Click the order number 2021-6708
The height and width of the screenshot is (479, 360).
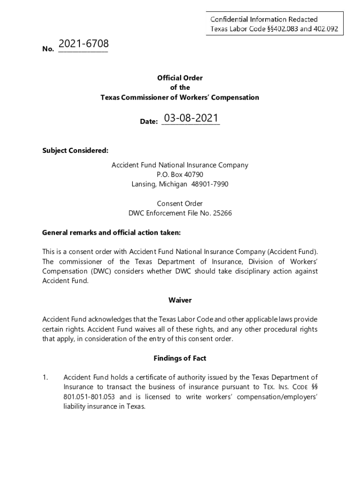[83, 44]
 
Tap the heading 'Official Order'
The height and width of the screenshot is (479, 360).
[180, 78]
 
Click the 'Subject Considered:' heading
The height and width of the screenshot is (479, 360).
[75, 151]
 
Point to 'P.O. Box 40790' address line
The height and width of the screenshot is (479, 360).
[180, 174]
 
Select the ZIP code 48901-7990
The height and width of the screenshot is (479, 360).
[210, 184]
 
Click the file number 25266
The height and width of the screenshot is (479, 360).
[222, 213]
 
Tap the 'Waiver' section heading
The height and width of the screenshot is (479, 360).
[180, 300]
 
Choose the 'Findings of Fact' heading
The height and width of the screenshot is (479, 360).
[180, 358]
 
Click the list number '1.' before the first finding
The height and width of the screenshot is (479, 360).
[45, 377]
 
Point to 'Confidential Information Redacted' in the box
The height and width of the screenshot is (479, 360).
[264, 19]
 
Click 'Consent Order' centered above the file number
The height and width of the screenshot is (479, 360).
[180, 203]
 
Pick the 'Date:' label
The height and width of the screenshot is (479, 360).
[149, 122]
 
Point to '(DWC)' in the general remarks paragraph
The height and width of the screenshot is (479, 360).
[100, 271]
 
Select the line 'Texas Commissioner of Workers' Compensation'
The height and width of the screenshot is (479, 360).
[180, 98]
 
